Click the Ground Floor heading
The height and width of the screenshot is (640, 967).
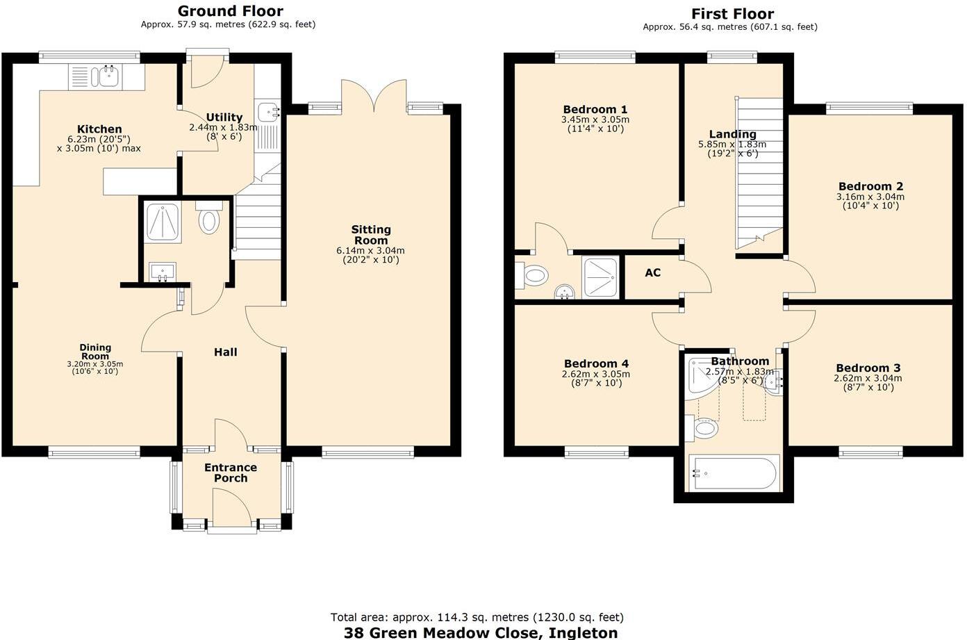coord(230,11)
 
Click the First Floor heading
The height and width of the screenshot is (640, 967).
coord(732,14)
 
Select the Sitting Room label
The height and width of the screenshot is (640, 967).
coord(371,234)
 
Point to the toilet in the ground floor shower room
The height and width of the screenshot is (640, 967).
coord(208,220)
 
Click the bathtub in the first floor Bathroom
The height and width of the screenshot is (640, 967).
coord(734,473)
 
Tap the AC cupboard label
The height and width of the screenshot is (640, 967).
coord(652,273)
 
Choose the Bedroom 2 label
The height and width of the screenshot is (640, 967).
coord(870,186)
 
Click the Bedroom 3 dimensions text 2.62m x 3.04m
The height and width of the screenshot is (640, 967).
coord(868,379)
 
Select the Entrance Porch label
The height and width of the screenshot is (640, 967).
coord(231,473)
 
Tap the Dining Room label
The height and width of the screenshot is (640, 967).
coord(95,352)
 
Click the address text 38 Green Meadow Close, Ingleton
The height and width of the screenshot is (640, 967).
coord(481,632)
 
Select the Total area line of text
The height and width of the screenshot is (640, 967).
coord(477,617)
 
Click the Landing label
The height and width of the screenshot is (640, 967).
coord(732,134)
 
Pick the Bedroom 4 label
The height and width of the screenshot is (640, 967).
coord(596,363)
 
